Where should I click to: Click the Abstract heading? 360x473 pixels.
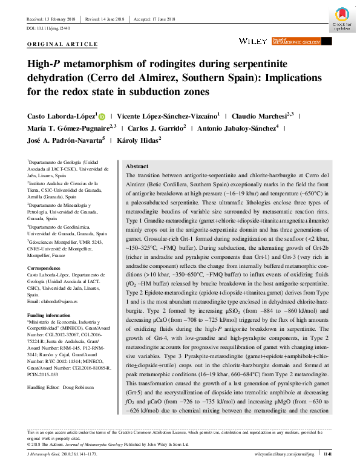tap(136, 166)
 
